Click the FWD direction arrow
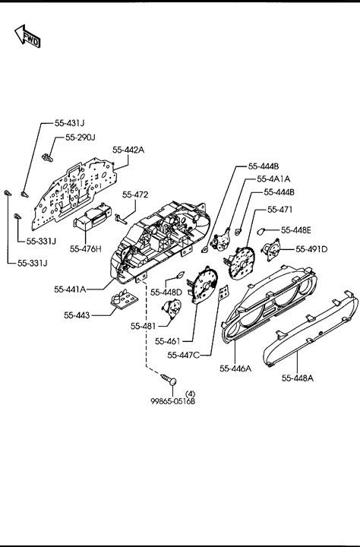(x=27, y=36)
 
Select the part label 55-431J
(x=69, y=123)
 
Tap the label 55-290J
(x=81, y=138)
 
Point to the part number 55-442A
(x=128, y=150)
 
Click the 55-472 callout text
(x=135, y=194)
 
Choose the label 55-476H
(x=86, y=249)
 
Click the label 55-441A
(x=70, y=289)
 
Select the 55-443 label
(x=77, y=315)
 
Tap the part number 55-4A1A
(x=273, y=179)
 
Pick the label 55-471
(x=279, y=210)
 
